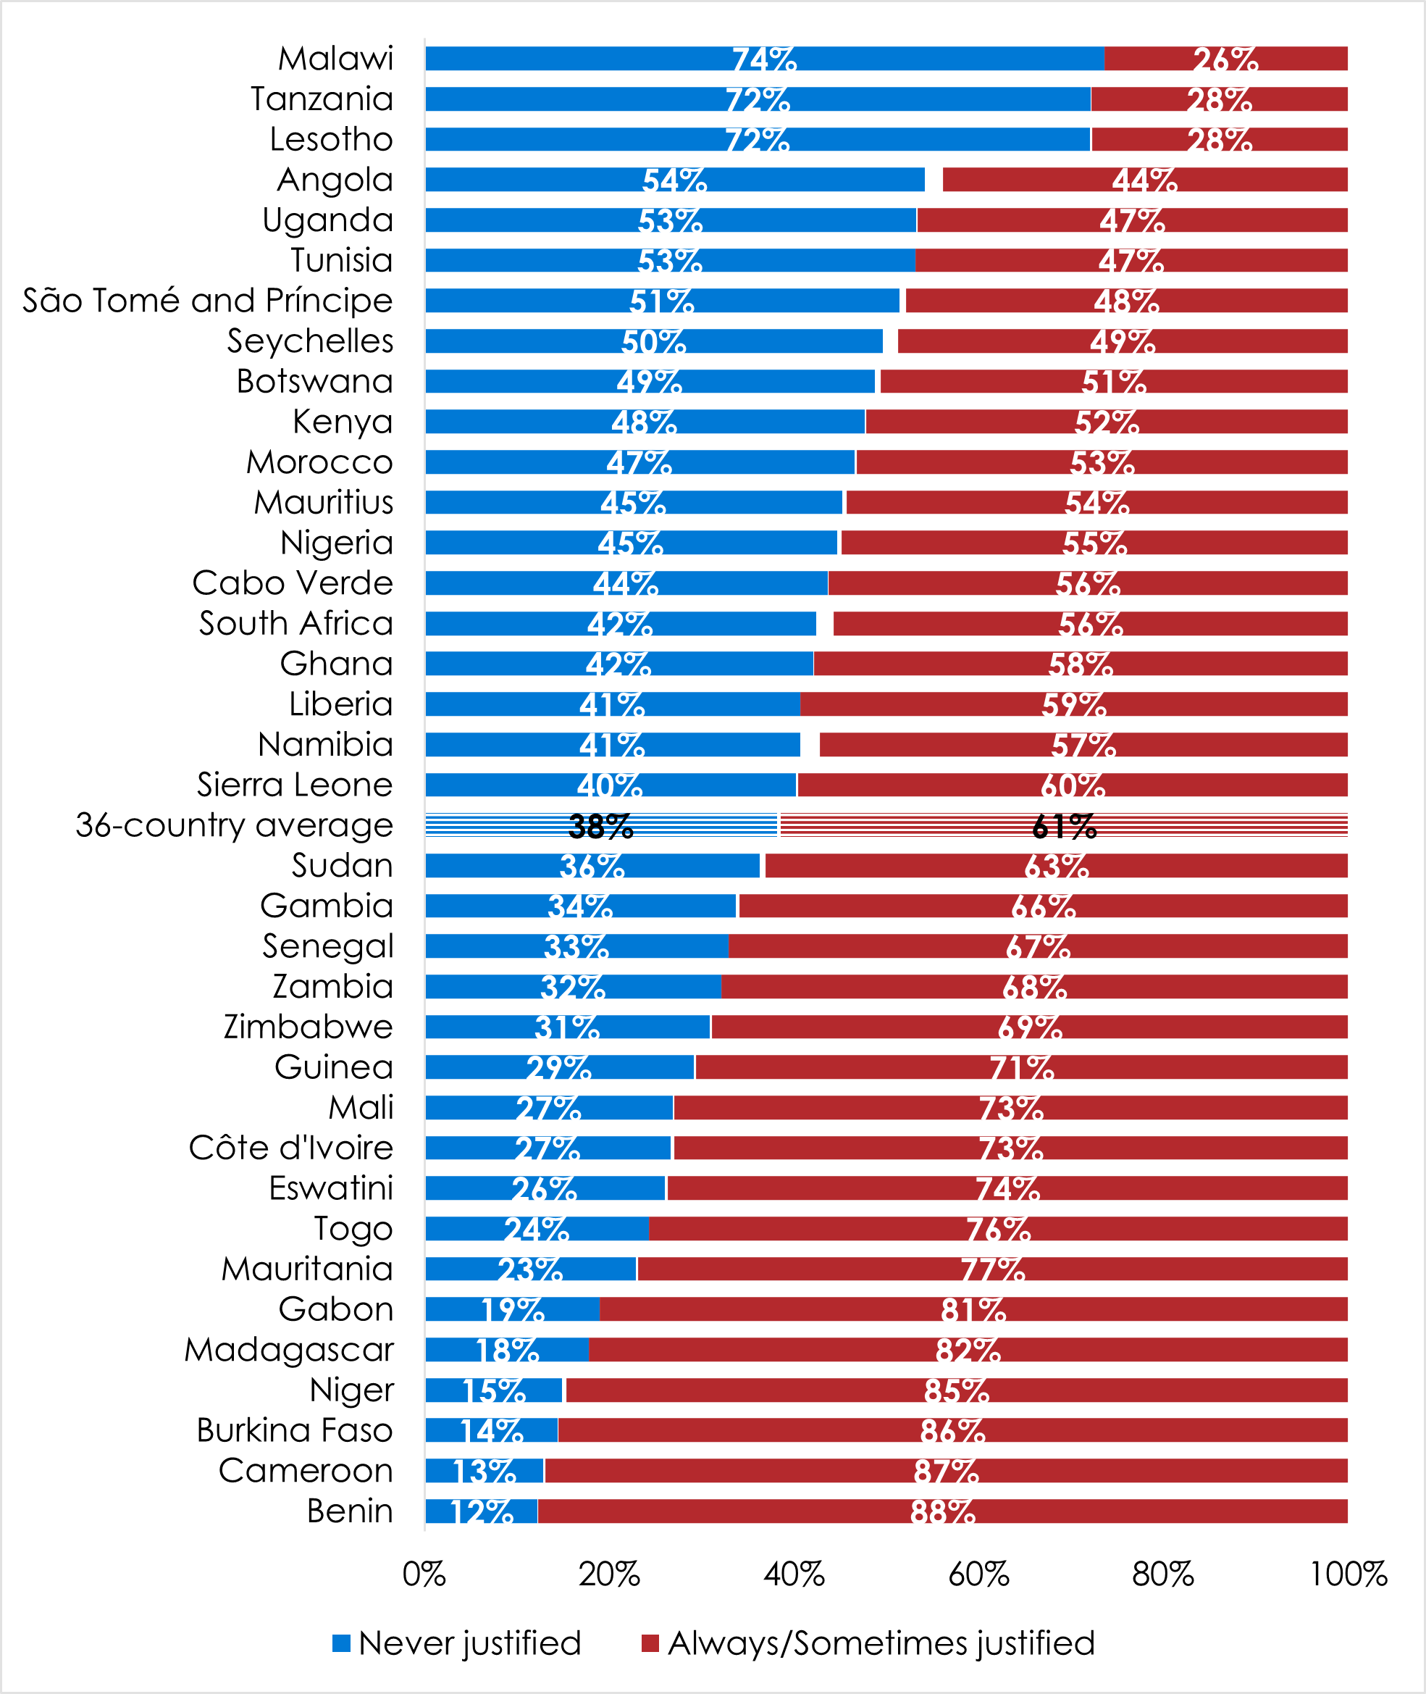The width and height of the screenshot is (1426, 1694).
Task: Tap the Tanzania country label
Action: click(322, 99)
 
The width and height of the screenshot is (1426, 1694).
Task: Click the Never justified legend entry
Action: click(457, 1643)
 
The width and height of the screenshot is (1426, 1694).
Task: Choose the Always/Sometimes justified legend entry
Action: click(868, 1643)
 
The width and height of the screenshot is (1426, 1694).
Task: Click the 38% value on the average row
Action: click(600, 825)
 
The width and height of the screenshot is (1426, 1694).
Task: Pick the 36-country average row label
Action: click(235, 825)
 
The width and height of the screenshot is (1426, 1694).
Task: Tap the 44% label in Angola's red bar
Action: click(1144, 180)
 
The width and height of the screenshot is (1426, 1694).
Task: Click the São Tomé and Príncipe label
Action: click(208, 301)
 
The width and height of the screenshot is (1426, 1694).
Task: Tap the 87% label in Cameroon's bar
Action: click(946, 1471)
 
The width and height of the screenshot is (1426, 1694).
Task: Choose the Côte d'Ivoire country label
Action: click(291, 1148)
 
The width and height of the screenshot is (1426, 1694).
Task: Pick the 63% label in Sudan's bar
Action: click(1056, 866)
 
